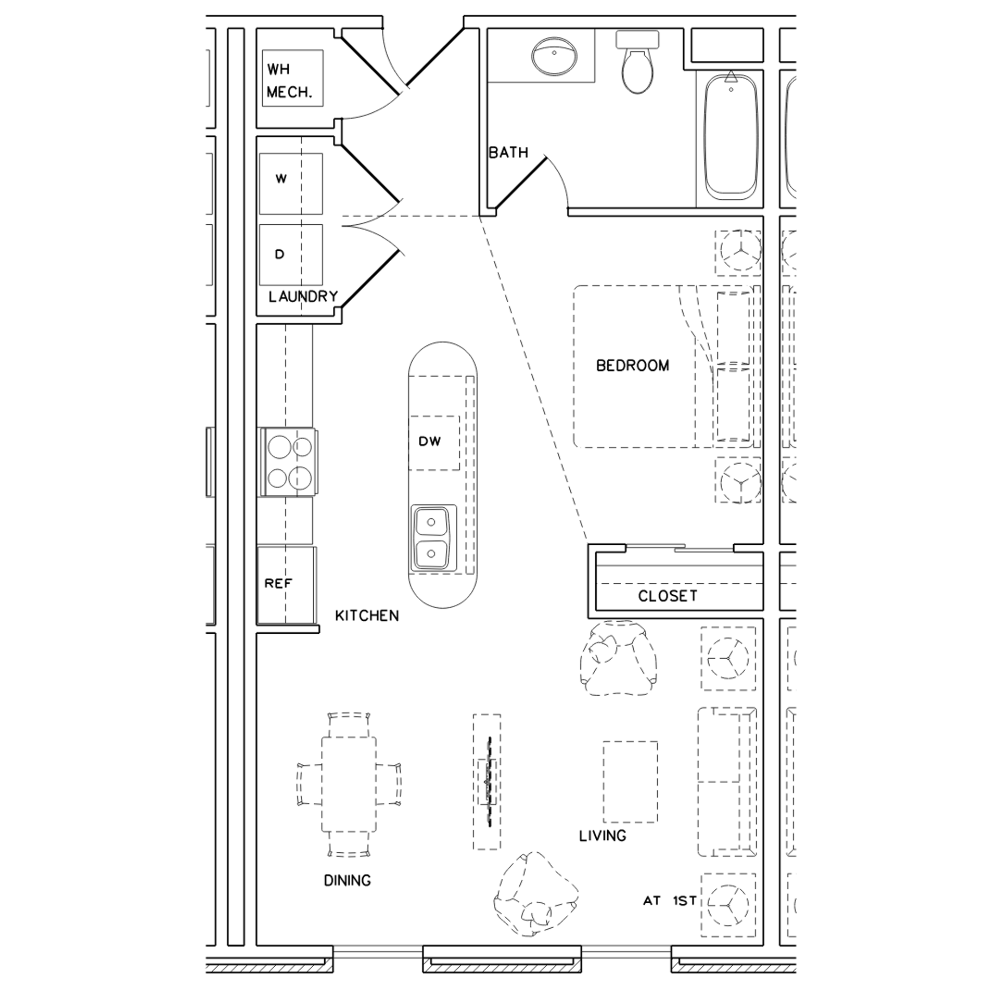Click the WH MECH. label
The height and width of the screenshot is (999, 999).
click(x=289, y=81)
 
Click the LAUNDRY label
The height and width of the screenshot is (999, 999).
click(x=303, y=297)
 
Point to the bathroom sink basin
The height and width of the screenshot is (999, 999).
click(x=554, y=55)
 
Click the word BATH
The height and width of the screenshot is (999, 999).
click(x=508, y=152)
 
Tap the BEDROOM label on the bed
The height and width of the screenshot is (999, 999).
click(x=632, y=365)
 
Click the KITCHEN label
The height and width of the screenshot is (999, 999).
click(x=367, y=616)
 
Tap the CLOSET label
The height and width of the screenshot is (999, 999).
click(x=667, y=596)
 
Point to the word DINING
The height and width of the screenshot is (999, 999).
click(x=347, y=881)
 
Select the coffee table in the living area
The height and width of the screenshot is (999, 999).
click(x=630, y=782)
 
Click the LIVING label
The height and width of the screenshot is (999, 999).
click(x=603, y=836)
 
